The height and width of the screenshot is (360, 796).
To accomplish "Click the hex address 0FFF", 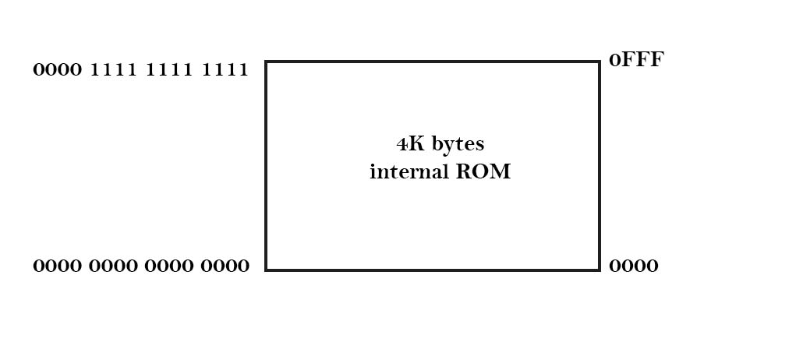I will pyautogui.click(x=635, y=61).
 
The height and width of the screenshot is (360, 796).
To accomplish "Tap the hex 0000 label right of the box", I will pyautogui.click(x=633, y=266).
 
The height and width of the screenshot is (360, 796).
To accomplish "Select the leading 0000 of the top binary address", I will pyautogui.click(x=57, y=70).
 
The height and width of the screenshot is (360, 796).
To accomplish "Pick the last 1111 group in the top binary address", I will pyautogui.click(x=225, y=70).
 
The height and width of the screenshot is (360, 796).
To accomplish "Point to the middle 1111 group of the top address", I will pyautogui.click(x=168, y=70).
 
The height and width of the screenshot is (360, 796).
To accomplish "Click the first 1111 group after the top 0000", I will pyautogui.click(x=113, y=70).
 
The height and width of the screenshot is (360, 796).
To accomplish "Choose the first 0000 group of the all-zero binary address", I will pyautogui.click(x=57, y=266).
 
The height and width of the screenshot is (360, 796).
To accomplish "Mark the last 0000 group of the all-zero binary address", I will pyautogui.click(x=225, y=266).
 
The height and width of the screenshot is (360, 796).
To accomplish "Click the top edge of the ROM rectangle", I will pyautogui.click(x=433, y=62).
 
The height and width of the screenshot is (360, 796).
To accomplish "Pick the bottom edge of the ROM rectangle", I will pyautogui.click(x=433, y=270).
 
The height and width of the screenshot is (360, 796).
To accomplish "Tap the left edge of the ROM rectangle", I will pyautogui.click(x=267, y=166).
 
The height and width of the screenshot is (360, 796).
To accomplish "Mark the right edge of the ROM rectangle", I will pyautogui.click(x=599, y=166).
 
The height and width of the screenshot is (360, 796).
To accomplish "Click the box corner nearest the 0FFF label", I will pyautogui.click(x=599, y=62).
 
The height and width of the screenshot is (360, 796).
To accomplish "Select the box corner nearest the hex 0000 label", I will pyautogui.click(x=599, y=270).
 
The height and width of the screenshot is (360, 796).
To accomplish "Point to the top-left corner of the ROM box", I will pyautogui.click(x=267, y=62).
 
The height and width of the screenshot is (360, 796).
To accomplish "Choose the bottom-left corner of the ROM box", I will pyautogui.click(x=267, y=270).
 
